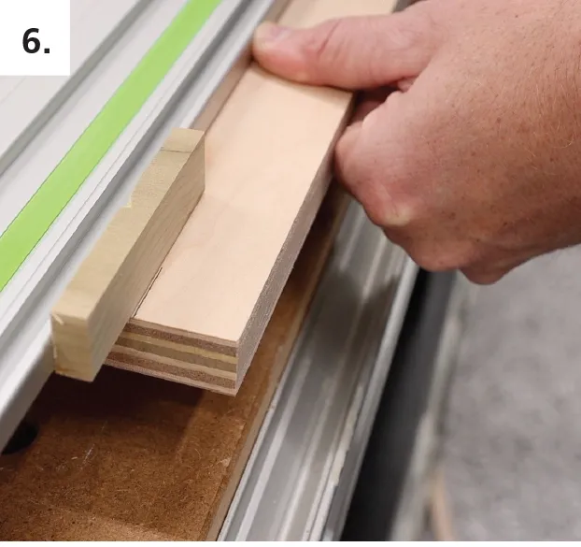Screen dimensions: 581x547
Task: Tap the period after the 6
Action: [47, 50]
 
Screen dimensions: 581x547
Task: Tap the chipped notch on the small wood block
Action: [131, 203]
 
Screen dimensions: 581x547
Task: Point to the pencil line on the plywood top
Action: [149, 293]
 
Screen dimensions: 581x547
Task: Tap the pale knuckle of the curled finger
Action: [398, 211]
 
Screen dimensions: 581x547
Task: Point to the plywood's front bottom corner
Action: [234, 395]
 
